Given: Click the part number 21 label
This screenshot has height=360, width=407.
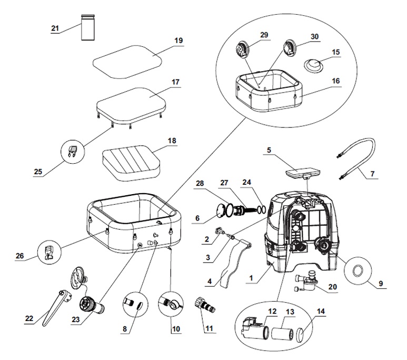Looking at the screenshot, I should pyautogui.click(x=55, y=28).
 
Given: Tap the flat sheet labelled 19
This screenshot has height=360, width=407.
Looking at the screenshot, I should pyautogui.click(x=126, y=61).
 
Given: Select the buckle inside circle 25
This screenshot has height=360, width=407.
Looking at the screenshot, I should pyautogui.click(x=73, y=153).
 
